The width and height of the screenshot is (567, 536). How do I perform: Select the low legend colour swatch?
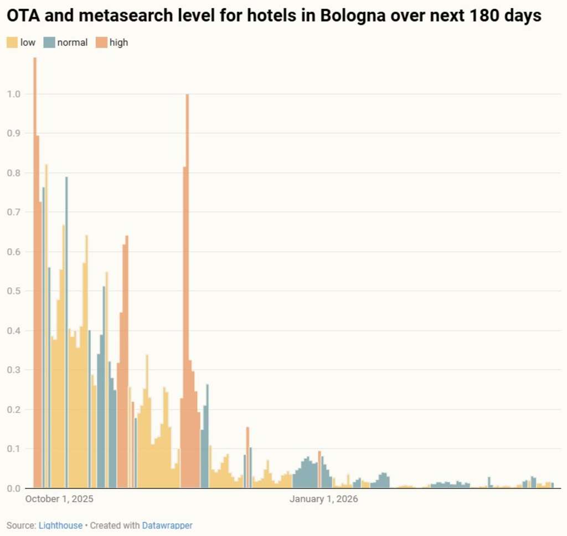(x=12, y=42)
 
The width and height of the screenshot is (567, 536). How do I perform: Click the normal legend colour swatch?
(x=49, y=42)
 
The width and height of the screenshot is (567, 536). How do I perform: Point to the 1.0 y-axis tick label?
(x=14, y=94)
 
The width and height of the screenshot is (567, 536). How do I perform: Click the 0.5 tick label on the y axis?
(x=14, y=291)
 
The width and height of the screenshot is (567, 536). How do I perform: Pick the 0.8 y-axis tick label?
(x=14, y=173)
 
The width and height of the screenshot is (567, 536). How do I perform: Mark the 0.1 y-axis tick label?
(x=14, y=448)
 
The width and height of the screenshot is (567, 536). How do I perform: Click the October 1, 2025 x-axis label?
(x=60, y=499)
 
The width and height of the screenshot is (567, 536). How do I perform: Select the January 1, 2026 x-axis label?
(x=324, y=499)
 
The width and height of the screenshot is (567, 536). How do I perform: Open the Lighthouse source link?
(x=60, y=525)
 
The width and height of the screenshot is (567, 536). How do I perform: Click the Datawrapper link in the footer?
(x=167, y=525)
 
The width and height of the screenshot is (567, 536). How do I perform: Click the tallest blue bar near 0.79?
(x=66, y=333)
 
